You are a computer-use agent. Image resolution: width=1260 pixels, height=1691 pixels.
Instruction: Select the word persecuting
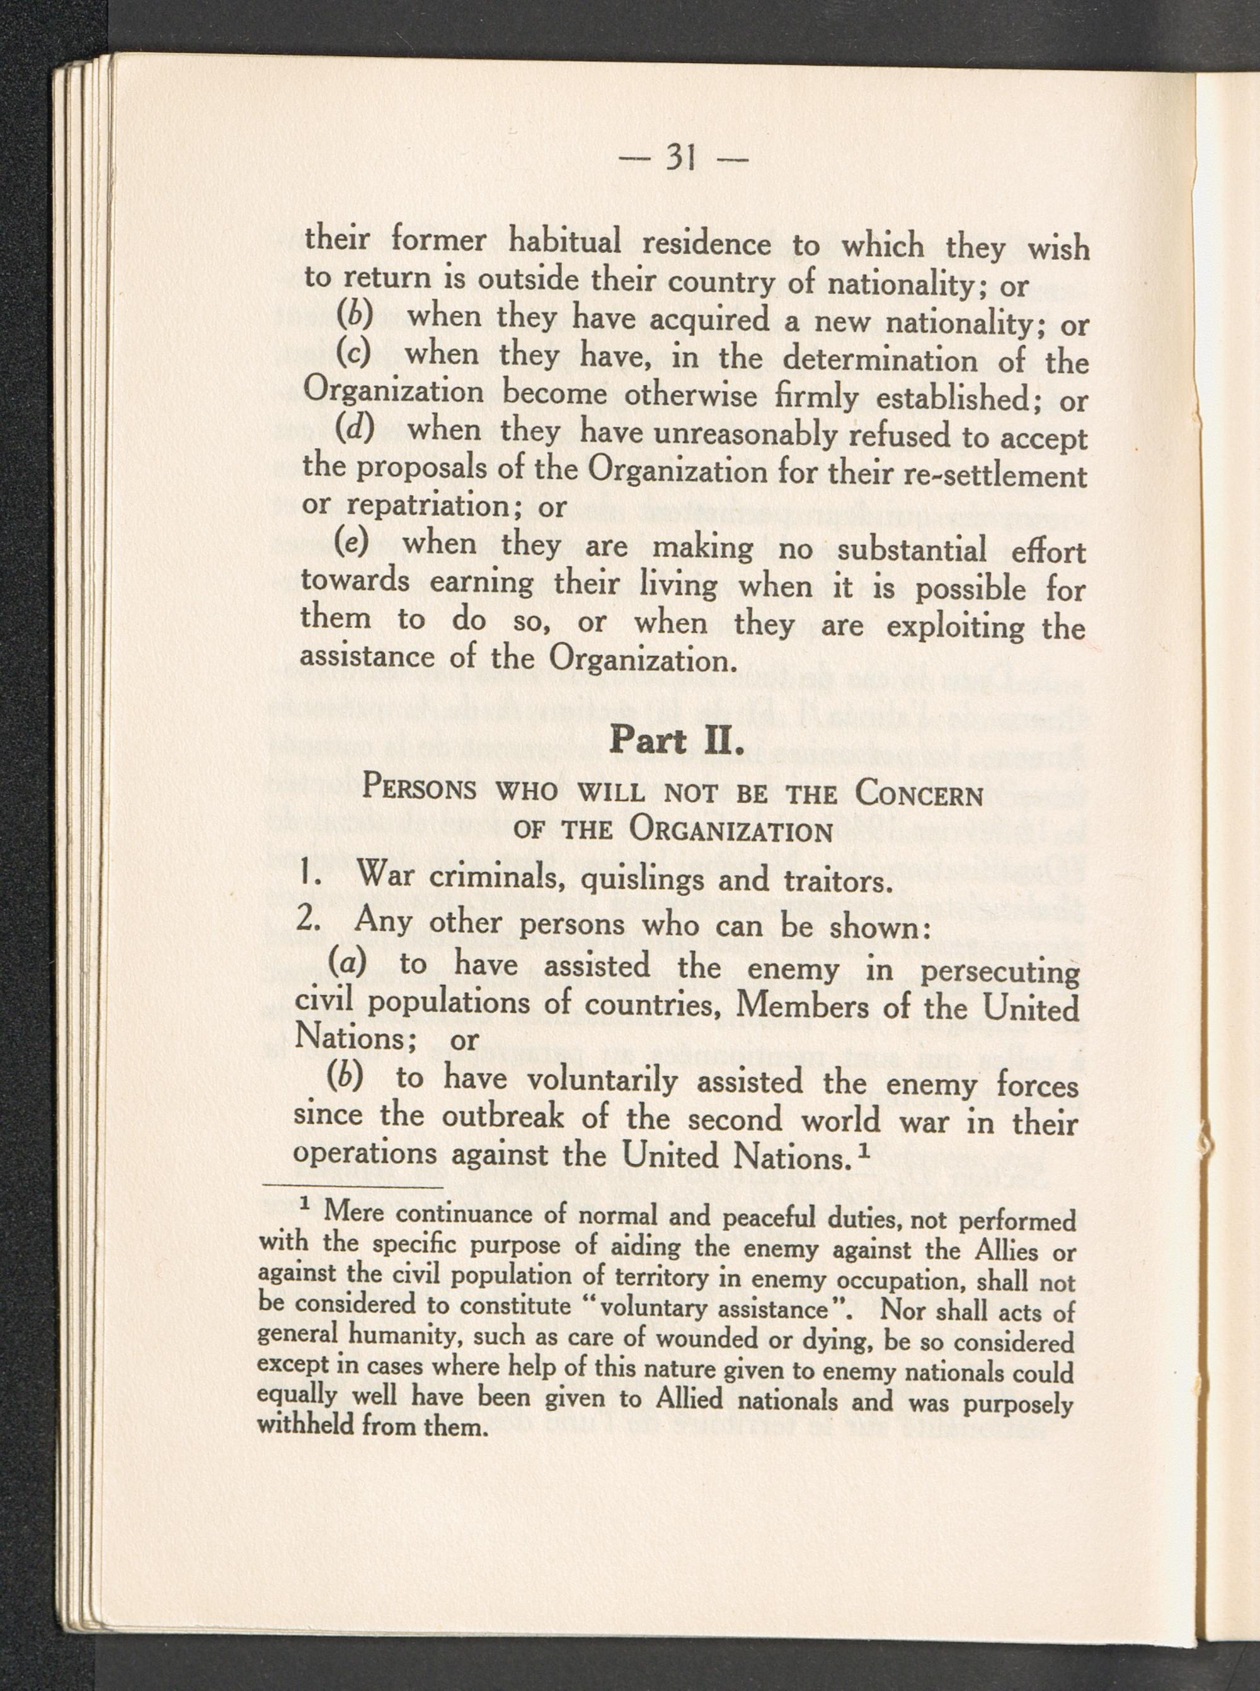point(999,972)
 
